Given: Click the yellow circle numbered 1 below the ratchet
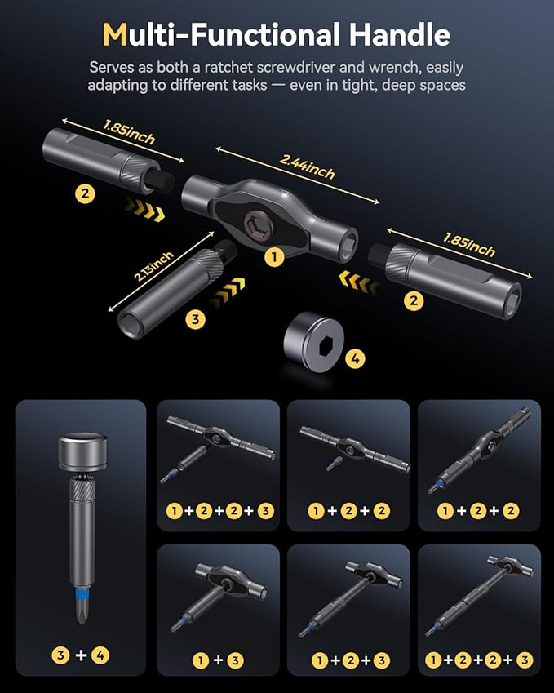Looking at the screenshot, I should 274,257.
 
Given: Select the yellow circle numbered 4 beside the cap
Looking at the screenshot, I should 355,357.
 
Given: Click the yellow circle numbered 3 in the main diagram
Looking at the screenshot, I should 195,319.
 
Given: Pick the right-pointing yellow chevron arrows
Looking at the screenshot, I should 144,211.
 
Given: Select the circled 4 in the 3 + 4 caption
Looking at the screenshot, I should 100,654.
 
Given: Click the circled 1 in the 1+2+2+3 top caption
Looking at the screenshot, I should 173,511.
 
